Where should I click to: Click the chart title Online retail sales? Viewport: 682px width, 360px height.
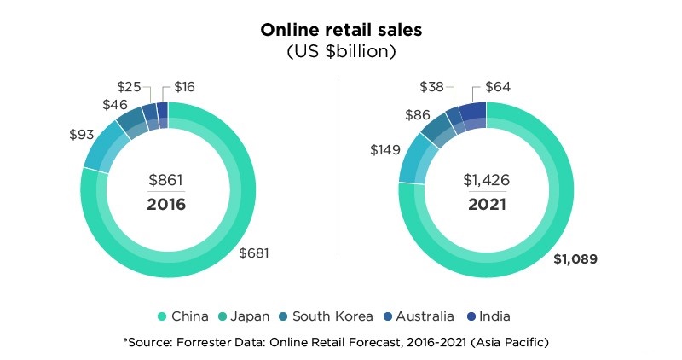click(340, 29)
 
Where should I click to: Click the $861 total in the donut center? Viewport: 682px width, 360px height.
click(166, 181)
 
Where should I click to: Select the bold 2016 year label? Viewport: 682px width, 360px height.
click(166, 205)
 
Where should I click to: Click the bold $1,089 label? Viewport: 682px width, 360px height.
click(577, 258)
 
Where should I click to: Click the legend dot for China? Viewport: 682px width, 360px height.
click(163, 316)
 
